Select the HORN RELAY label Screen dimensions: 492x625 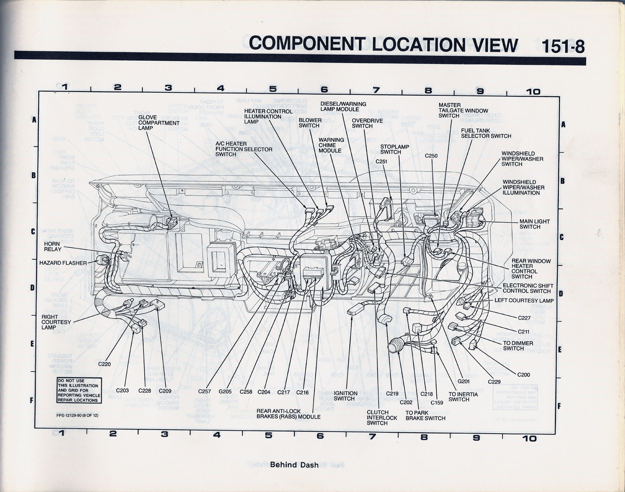pyautogui.click(x=53, y=246)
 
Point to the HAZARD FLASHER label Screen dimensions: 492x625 pyautogui.click(x=63, y=263)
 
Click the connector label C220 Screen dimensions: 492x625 pyautogui.click(x=105, y=364)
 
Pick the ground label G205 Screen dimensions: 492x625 pyautogui.click(x=225, y=392)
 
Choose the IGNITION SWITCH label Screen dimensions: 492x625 pyautogui.click(x=345, y=396)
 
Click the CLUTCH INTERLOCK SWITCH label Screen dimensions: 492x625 pyautogui.click(x=382, y=417)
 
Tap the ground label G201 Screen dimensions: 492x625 pyautogui.click(x=463, y=381)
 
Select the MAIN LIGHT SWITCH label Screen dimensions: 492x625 pyautogui.click(x=535, y=224)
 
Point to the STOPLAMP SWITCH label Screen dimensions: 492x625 pyautogui.click(x=395, y=149)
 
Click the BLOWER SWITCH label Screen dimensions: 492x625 pyautogui.click(x=310, y=123)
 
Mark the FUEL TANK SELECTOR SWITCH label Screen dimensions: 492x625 pyautogui.click(x=486, y=133)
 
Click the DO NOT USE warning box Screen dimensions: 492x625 pyautogui.click(x=79, y=390)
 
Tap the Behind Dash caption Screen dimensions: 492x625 pyautogui.click(x=294, y=465)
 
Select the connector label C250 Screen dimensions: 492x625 pyautogui.click(x=431, y=156)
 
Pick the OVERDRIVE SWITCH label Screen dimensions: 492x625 pyautogui.click(x=367, y=123)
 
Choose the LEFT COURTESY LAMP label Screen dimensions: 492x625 pyautogui.click(x=524, y=301)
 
